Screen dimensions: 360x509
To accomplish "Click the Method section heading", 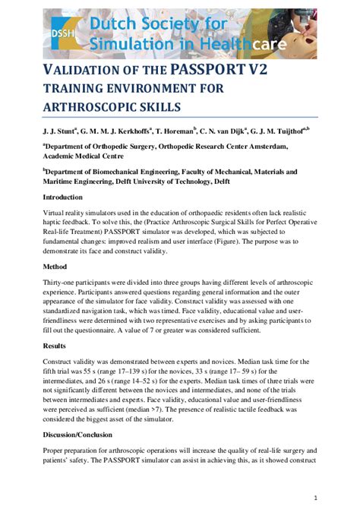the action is point(55,267).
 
